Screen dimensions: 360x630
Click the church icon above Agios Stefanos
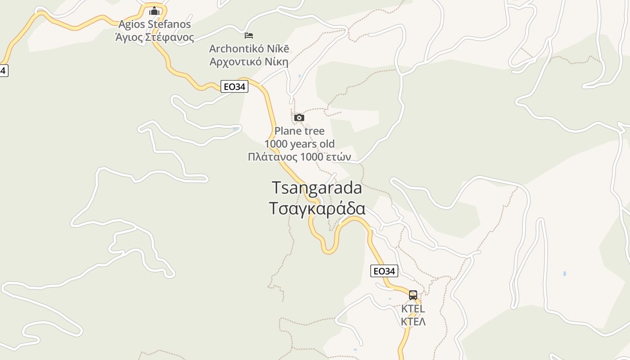point(154,11)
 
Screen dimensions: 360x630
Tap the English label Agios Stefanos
point(154,24)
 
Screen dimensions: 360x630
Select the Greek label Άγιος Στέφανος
point(154,37)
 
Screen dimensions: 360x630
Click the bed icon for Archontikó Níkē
point(249,35)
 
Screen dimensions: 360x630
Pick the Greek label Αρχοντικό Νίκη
point(249,62)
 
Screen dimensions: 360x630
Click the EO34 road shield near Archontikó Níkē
point(234,86)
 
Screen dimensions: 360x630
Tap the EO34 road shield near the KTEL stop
point(384,271)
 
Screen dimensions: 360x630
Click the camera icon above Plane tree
point(299,118)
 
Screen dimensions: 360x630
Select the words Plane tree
point(299,131)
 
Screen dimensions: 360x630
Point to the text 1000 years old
point(299,144)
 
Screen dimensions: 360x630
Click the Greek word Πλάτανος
point(273,157)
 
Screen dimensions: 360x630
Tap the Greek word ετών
point(339,157)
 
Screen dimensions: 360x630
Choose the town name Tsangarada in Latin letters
point(317,188)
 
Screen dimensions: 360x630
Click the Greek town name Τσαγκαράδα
point(317,209)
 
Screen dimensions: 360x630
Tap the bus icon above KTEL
point(413,295)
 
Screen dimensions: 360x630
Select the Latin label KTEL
point(413,309)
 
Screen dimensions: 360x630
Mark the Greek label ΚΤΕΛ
point(413,322)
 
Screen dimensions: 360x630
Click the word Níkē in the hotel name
point(279,49)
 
